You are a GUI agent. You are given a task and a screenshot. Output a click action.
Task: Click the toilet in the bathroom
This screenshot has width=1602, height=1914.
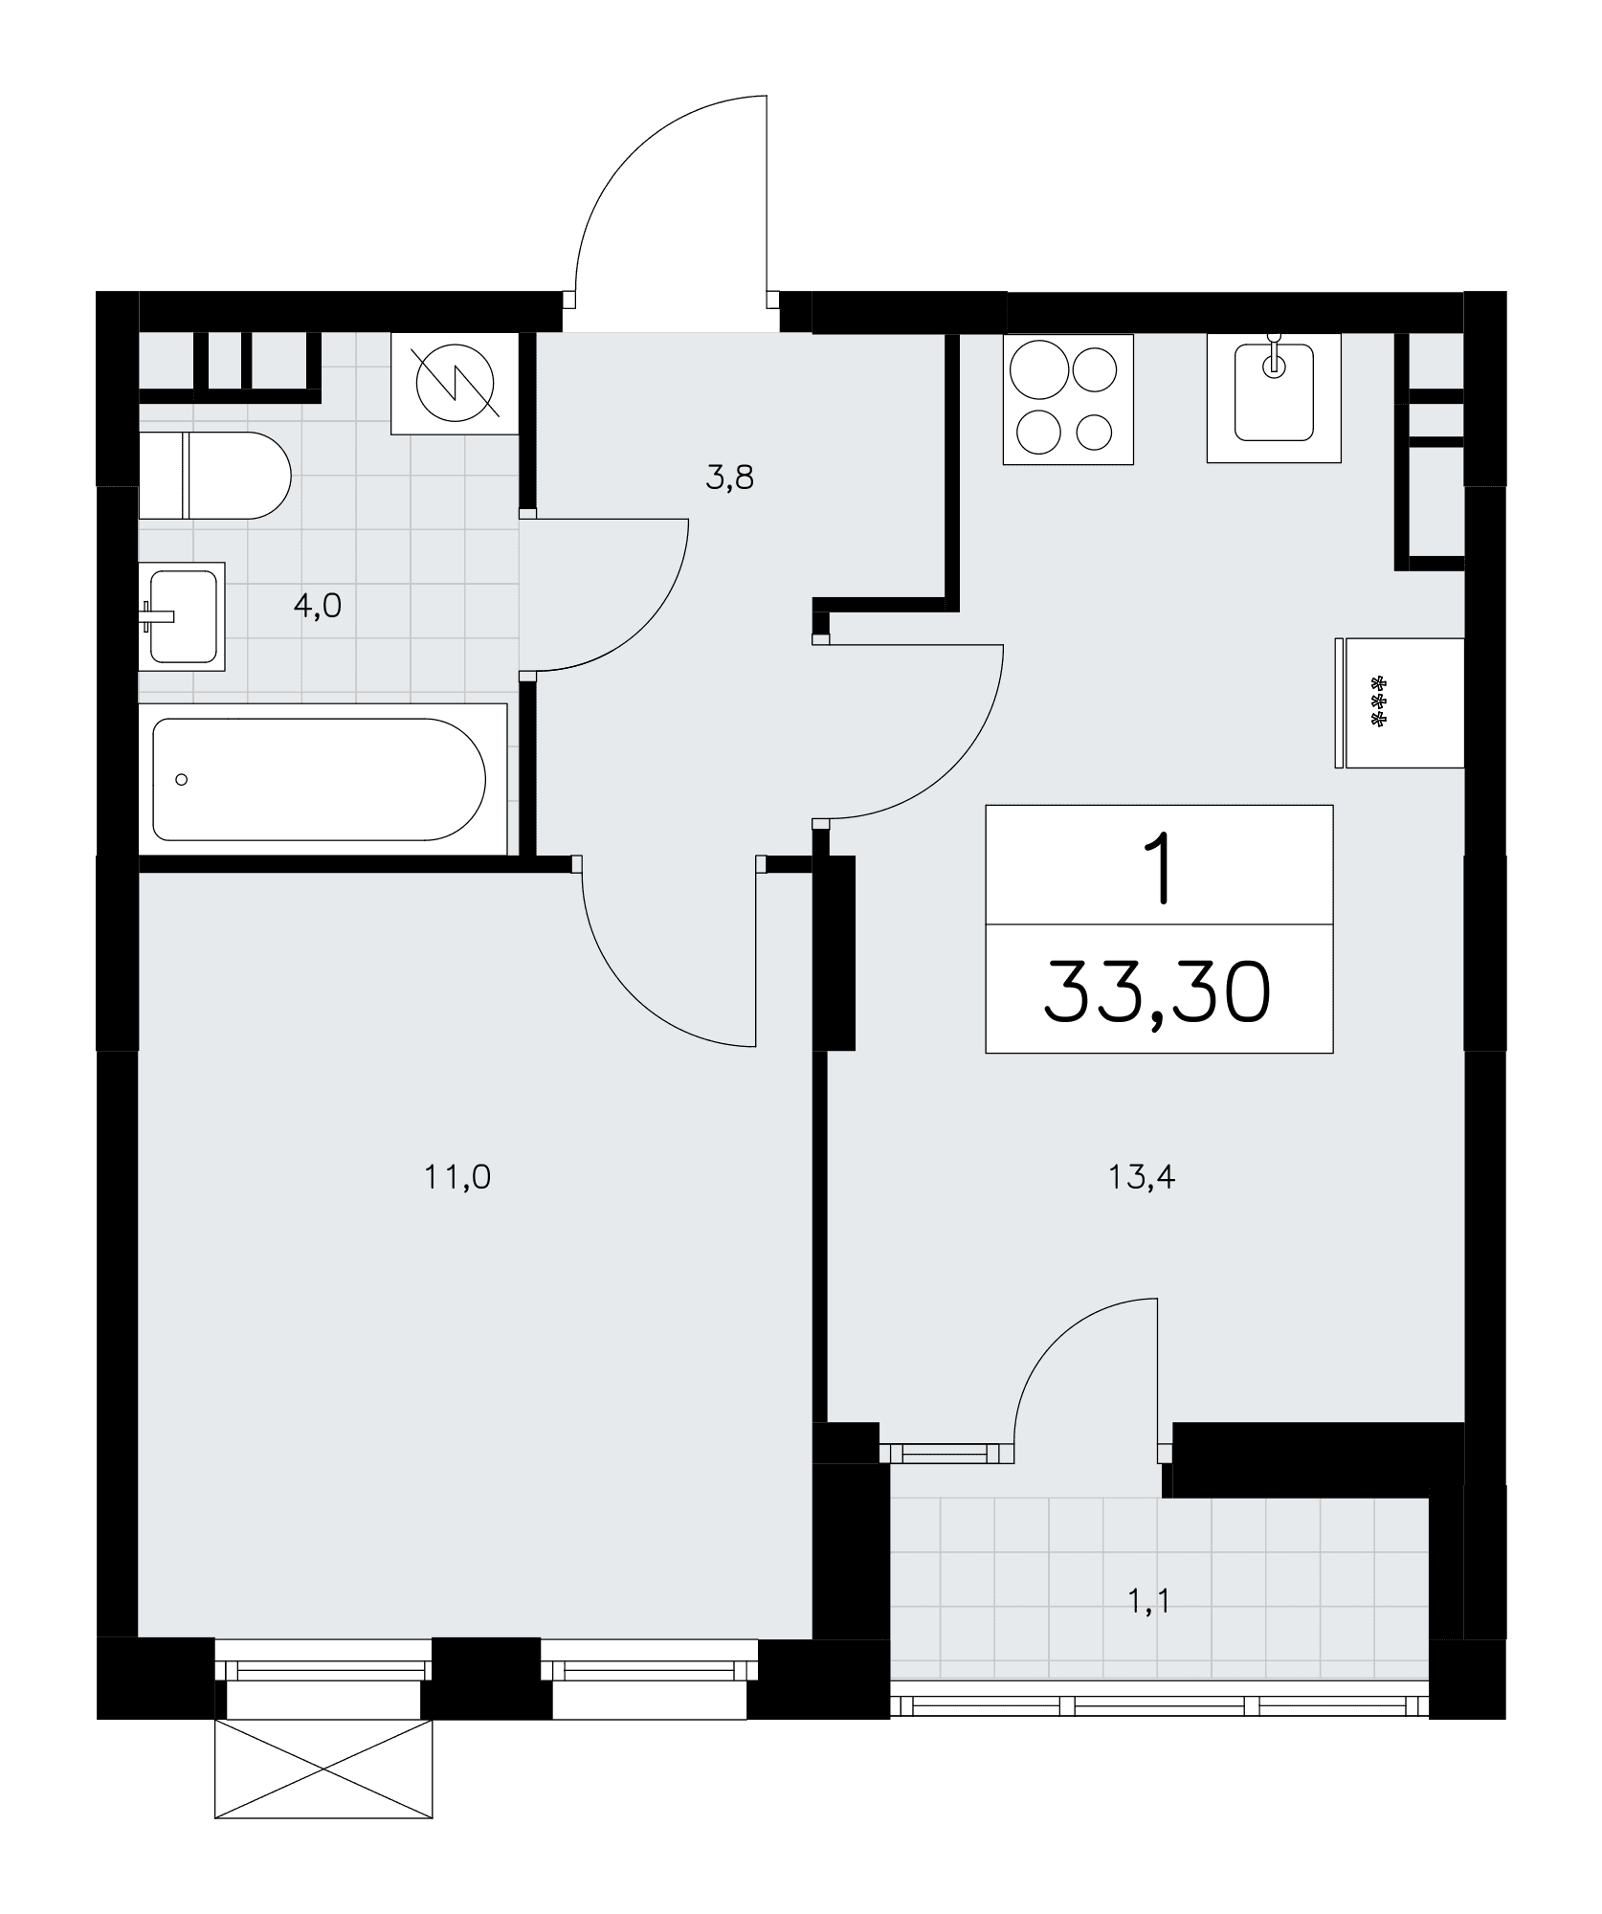coord(214,475)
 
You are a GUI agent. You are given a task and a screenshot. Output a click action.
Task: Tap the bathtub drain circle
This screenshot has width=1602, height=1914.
coord(182,779)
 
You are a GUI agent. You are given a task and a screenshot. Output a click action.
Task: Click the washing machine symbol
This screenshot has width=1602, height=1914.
coord(456,384)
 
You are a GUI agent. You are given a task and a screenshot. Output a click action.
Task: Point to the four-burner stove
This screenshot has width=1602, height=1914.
coord(1067,399)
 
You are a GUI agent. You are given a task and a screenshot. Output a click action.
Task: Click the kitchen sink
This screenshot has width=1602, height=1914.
coord(1273,398)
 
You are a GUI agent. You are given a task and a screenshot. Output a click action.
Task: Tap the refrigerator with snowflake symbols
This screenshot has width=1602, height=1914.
coord(1400,702)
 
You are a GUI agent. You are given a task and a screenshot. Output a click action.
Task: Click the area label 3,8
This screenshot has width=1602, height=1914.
coord(730,478)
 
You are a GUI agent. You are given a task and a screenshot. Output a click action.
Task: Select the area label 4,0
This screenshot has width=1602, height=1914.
coord(318,606)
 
